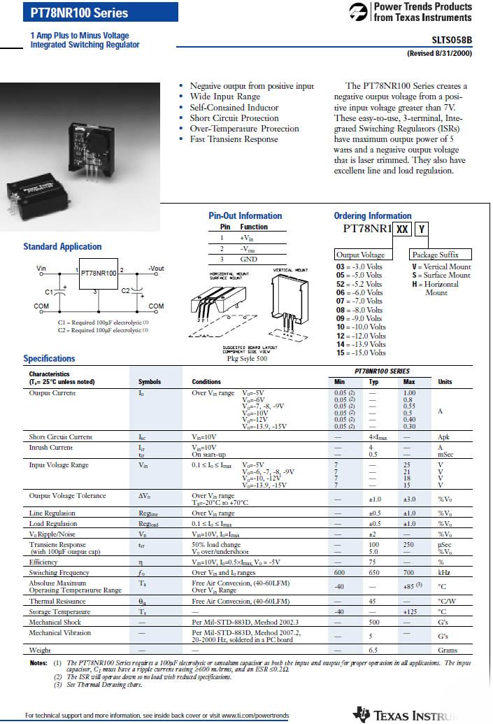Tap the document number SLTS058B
pos(452,41)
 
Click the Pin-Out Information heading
pos(245,215)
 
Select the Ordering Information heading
pos(373,215)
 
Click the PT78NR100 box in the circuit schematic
pos(99,274)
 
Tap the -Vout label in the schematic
pos(156,268)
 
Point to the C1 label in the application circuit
pos(49,291)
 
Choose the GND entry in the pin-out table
pos(248,259)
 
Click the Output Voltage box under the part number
pos(360,255)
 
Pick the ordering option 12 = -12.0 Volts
pos(361,336)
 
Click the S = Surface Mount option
pos(441,276)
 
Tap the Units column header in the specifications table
pos(445,382)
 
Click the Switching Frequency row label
pos(59,572)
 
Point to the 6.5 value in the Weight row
pos(374,651)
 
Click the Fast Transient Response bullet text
pos(234,139)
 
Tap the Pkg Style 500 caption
pos(242,358)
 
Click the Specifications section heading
pos(49,358)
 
